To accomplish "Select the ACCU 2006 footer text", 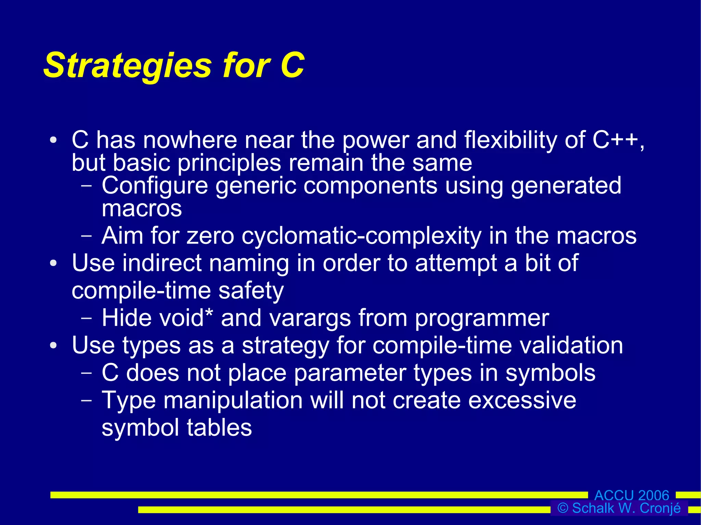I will pos(632,495).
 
